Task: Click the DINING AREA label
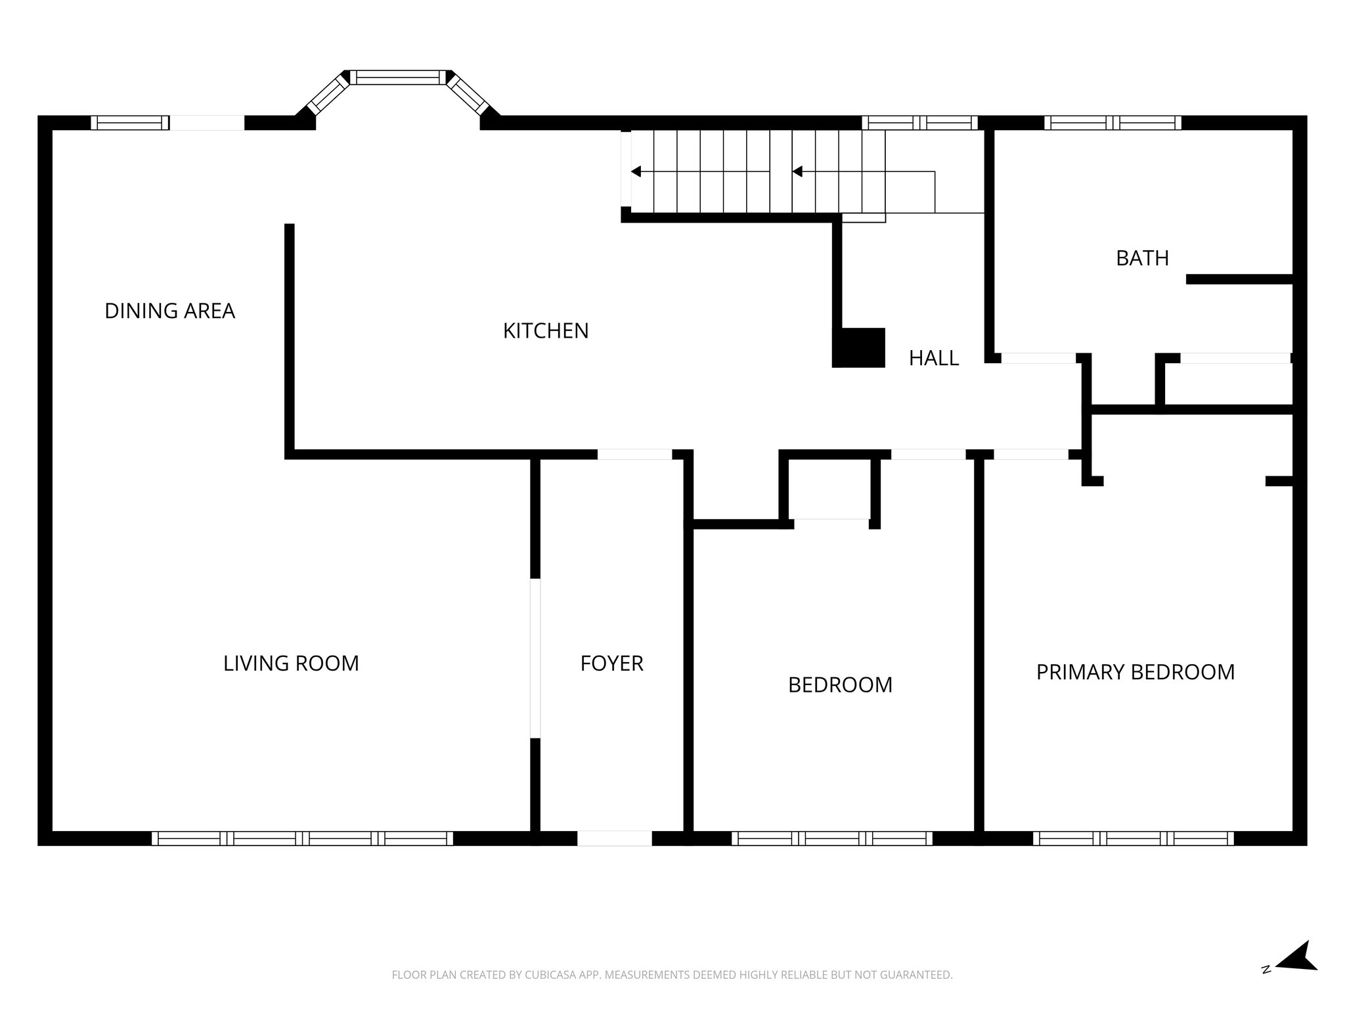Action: point(169,311)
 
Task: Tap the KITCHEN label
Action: point(545,331)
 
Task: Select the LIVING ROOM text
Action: point(291,663)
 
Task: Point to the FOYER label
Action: point(611,663)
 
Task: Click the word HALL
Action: point(933,358)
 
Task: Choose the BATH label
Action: point(1142,258)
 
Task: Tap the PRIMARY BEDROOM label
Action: point(1135,672)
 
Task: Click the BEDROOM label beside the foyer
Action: point(840,685)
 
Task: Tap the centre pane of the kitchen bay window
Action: point(397,78)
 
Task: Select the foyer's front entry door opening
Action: point(614,838)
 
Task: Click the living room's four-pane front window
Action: point(302,838)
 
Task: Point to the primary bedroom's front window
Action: point(1133,838)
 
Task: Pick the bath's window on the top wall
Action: point(1113,123)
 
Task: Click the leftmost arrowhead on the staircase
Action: point(635,171)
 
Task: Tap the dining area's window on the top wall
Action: point(129,123)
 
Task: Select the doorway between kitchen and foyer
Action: point(634,454)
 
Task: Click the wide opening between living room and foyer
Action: point(535,658)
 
